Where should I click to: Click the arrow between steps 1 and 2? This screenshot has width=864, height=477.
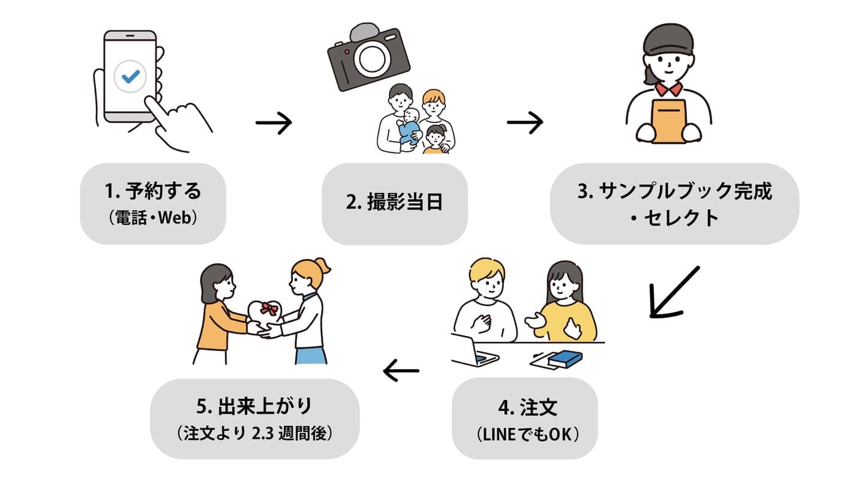tap(273, 124)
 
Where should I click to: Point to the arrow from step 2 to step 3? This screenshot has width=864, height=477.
tap(524, 123)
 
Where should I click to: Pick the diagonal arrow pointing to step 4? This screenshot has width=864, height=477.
tap(674, 292)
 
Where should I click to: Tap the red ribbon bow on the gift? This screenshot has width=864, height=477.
tap(269, 309)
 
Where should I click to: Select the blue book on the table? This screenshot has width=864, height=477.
tap(566, 358)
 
